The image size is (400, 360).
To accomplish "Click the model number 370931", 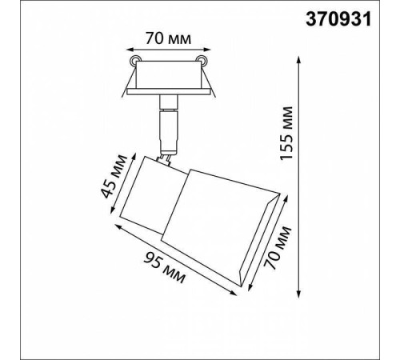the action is [338, 19].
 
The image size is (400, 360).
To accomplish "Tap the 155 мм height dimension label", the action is [286, 134].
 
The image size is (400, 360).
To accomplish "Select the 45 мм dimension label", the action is [114, 176].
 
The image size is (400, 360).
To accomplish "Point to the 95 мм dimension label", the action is [164, 267].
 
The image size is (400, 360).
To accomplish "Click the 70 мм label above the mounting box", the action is [168, 39].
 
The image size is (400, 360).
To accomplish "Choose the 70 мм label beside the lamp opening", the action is [277, 247].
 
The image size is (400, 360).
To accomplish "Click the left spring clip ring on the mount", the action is [134, 61].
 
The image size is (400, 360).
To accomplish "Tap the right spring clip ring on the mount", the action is [202, 60].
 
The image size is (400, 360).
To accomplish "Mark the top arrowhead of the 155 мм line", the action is [298, 60].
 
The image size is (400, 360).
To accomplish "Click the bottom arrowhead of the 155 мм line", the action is [298, 294].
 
